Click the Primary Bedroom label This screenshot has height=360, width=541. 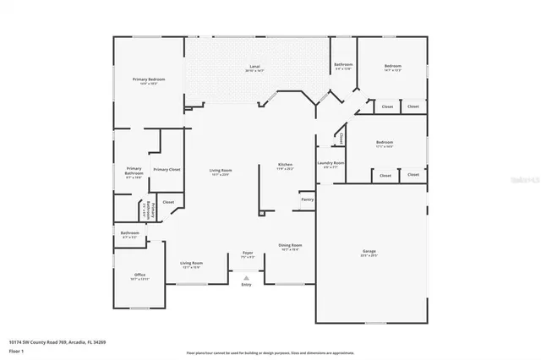pyautogui.click(x=149, y=79)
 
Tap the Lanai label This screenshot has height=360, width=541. pyautogui.click(x=254, y=66)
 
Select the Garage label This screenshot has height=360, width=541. pyautogui.click(x=369, y=250)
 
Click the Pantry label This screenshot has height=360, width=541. pyautogui.click(x=307, y=199)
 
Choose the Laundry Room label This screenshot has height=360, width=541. pyautogui.click(x=331, y=162)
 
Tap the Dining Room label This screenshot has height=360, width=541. pyautogui.click(x=289, y=245)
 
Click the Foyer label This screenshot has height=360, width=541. pyautogui.click(x=248, y=253)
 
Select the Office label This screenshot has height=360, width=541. pyautogui.click(x=140, y=275)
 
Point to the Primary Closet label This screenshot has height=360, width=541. pyautogui.click(x=167, y=170)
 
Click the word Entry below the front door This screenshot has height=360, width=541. pyautogui.click(x=246, y=285)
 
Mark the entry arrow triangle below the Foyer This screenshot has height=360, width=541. pyautogui.click(x=246, y=277)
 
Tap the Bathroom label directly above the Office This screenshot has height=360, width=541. pyautogui.click(x=129, y=232)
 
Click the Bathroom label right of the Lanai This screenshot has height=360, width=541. pyautogui.click(x=342, y=64)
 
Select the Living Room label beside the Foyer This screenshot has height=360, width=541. pyautogui.click(x=191, y=263)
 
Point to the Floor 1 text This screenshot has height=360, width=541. pyautogui.click(x=16, y=350)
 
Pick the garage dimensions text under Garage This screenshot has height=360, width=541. pyautogui.click(x=369, y=255)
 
